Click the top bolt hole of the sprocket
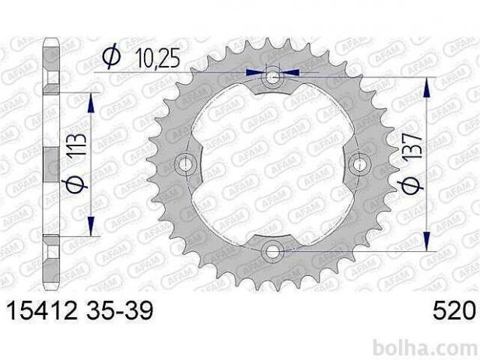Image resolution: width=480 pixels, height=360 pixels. click(x=272, y=77)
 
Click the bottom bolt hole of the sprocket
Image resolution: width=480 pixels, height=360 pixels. click(x=272, y=252)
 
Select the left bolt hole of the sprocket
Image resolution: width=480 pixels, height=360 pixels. click(x=184, y=164)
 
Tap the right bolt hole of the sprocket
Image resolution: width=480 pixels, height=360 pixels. click(x=359, y=164)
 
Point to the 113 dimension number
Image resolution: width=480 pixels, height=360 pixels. click(x=77, y=146)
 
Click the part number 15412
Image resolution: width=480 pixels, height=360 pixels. click(x=42, y=311)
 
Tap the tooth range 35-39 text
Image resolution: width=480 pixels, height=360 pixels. click(x=120, y=311)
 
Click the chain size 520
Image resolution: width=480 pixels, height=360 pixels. click(x=454, y=311)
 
